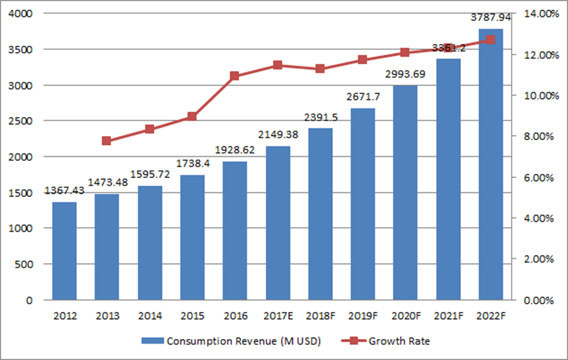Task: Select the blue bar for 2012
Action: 64,251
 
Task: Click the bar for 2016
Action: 235,231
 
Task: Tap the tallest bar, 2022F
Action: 491,164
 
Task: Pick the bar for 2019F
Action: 362,204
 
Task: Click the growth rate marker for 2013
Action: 107,141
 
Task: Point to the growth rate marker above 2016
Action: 235,76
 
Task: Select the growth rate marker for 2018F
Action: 320,68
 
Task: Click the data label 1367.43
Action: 64,191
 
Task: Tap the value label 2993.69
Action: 405,74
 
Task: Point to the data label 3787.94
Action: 491,18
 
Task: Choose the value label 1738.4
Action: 192,164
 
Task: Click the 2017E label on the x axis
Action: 278,316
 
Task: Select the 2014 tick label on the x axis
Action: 150,316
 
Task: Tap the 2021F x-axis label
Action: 448,316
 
